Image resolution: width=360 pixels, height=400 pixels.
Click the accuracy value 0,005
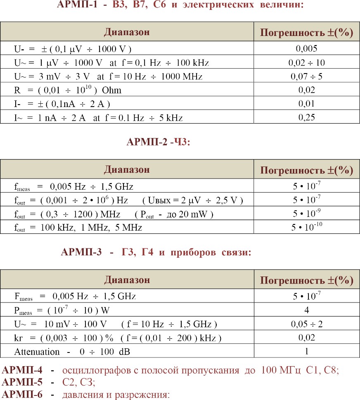click(x=306, y=49)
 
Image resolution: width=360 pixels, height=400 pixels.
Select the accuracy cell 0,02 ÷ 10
click(x=306, y=63)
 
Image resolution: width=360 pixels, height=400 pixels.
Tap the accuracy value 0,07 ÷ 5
click(x=306, y=76)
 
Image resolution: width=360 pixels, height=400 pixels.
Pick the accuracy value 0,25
click(x=306, y=117)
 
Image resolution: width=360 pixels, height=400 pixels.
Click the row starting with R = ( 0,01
click(x=68, y=90)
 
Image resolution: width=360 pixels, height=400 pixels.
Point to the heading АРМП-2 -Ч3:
click(x=157, y=143)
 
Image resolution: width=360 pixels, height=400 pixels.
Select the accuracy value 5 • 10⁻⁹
click(x=306, y=214)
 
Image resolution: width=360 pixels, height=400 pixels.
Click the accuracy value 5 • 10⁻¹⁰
click(x=306, y=227)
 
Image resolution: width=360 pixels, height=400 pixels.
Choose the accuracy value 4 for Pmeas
click(x=306, y=310)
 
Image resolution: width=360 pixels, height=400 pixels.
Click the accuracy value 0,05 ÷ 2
click(x=306, y=324)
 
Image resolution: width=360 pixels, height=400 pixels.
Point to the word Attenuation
click(x=37, y=352)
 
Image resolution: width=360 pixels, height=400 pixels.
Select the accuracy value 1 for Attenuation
click(x=306, y=352)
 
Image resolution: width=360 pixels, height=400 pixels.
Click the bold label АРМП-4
click(x=22, y=371)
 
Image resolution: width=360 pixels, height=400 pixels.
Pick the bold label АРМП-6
click(x=22, y=394)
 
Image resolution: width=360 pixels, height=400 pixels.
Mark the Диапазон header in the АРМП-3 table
click(x=127, y=280)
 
